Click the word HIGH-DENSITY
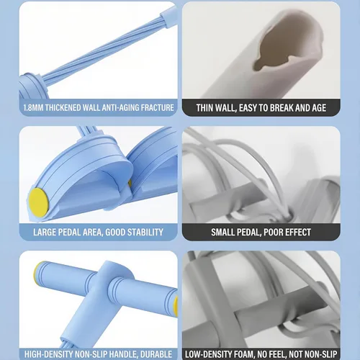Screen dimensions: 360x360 tap(50, 354)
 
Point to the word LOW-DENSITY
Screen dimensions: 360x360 tap(208, 354)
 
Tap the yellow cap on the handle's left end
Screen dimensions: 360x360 tap(37, 273)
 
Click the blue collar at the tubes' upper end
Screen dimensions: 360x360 tap(168, 16)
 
